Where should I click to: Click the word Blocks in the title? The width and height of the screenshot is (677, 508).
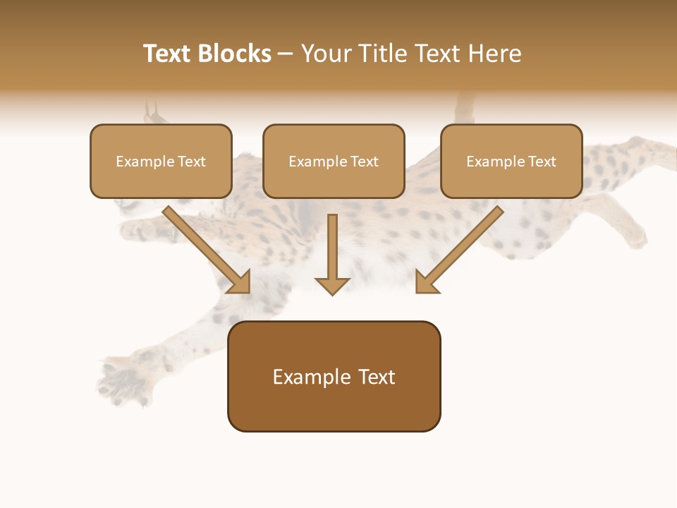[236, 54]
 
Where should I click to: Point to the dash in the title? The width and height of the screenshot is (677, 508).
[286, 54]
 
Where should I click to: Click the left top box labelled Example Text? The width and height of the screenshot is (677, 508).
[161, 161]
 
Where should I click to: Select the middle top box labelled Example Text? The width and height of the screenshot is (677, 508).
[334, 161]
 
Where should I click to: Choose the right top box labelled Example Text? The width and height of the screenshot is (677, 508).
[511, 161]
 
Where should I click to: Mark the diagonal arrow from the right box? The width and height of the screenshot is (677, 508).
[462, 247]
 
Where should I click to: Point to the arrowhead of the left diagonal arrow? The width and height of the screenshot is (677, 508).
[240, 283]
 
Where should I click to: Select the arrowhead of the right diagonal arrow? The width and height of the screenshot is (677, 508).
[426, 282]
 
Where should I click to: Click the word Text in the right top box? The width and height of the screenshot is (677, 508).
[541, 161]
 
